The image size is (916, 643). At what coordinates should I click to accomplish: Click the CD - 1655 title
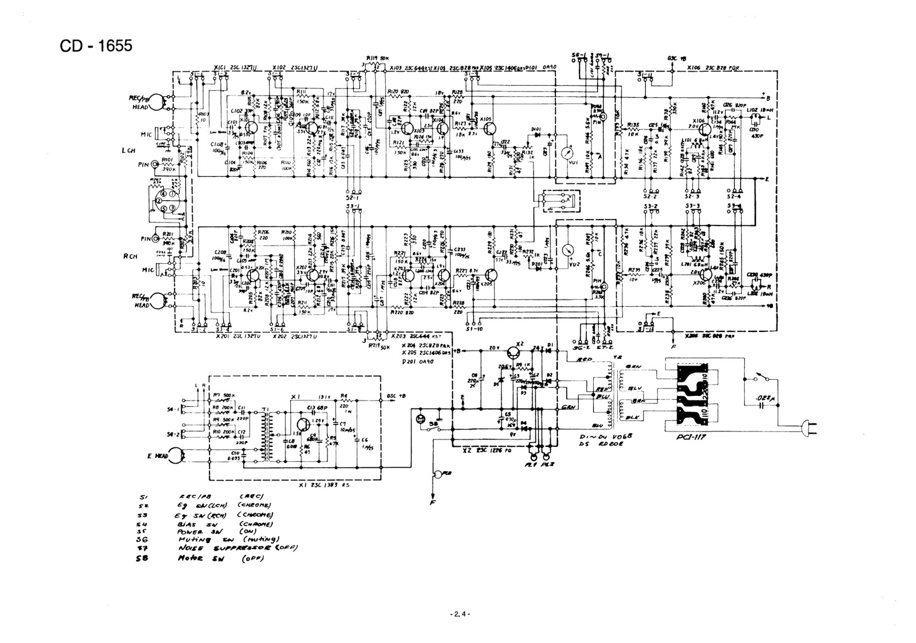click(x=96, y=45)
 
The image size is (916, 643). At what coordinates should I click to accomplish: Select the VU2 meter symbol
click(x=568, y=250)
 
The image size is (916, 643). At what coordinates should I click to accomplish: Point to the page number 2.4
click(x=459, y=614)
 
